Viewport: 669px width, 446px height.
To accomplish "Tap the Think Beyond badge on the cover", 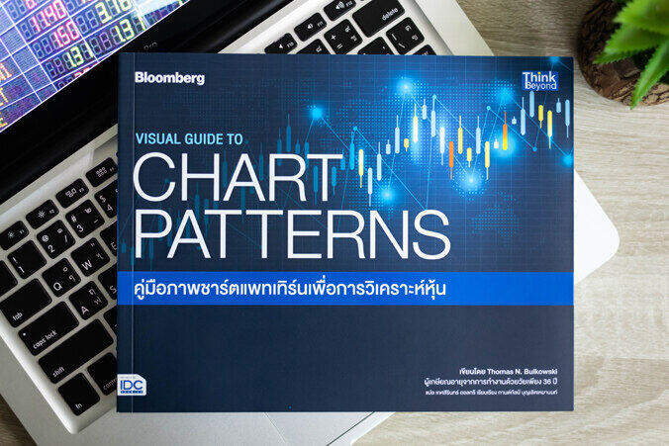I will (539, 80).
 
